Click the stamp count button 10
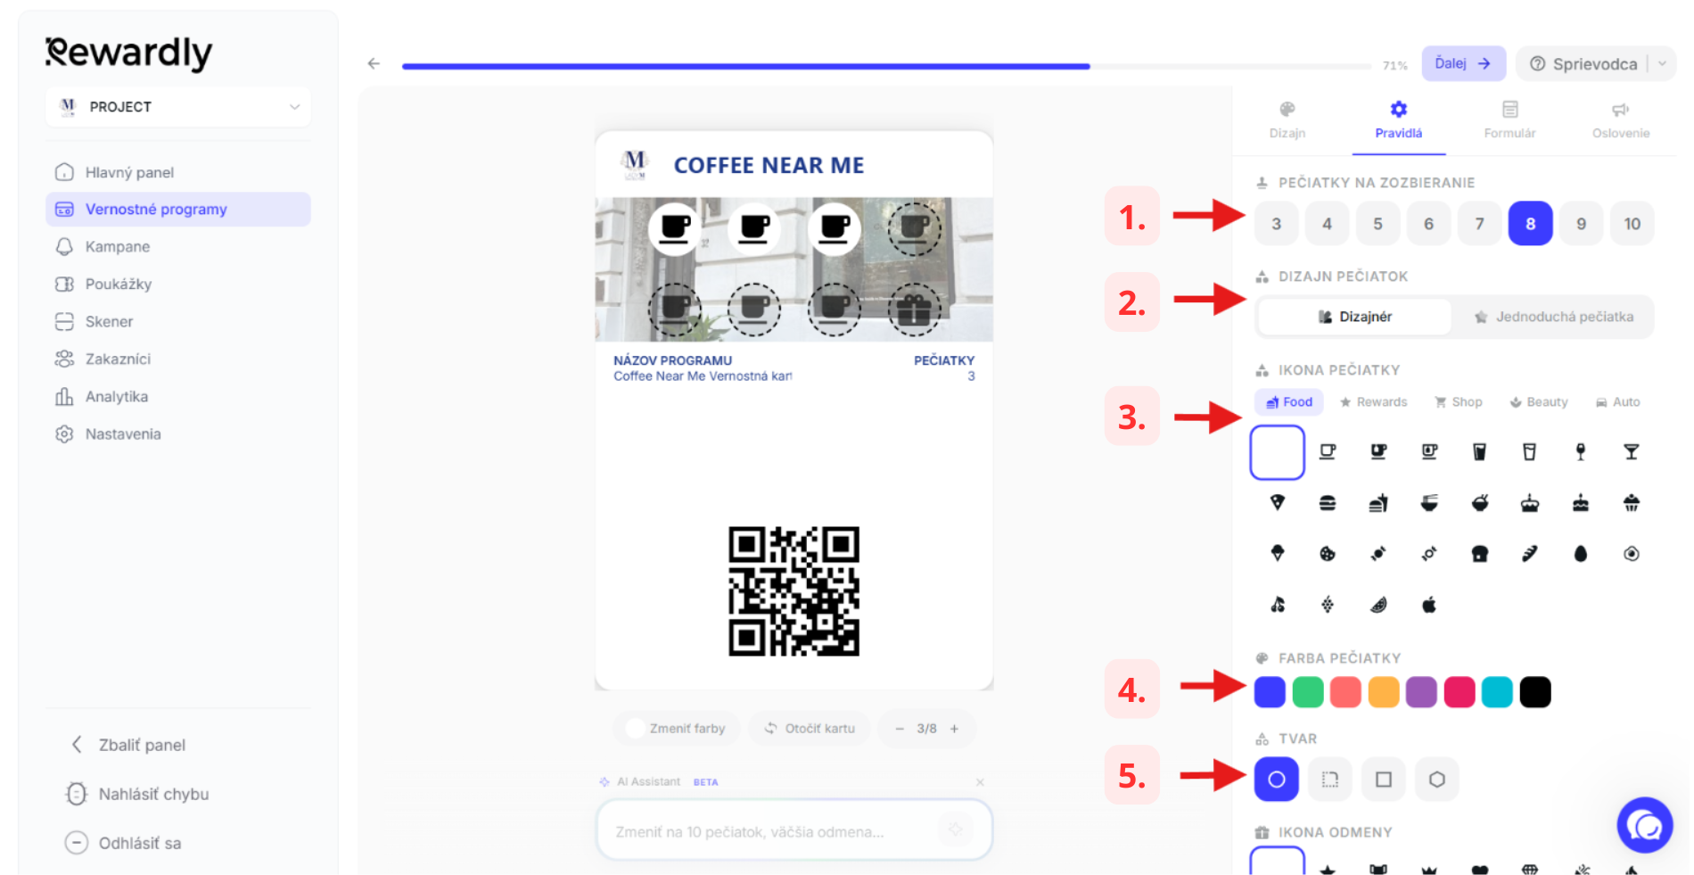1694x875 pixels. point(1632,224)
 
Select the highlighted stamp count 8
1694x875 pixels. point(1530,224)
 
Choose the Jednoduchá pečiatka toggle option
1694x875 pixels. point(1554,317)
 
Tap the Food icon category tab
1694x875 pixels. point(1289,402)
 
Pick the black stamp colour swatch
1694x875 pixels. point(1535,692)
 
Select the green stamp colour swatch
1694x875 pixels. point(1308,692)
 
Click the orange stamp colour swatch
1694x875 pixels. point(1384,692)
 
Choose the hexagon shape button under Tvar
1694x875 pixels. point(1436,780)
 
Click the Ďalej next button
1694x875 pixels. point(1463,63)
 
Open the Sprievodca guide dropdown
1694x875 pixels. point(1595,63)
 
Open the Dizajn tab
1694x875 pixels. point(1287,120)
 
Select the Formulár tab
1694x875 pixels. point(1509,120)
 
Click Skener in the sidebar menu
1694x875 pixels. point(109,321)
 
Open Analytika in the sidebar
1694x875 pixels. point(116,397)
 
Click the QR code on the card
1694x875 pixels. point(794,591)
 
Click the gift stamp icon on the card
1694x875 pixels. point(914,309)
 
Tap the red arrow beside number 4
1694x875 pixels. point(1213,685)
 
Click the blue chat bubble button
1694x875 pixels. point(1645,825)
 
